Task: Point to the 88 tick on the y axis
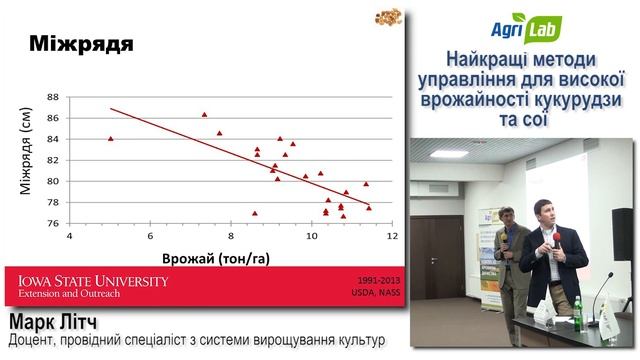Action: (54, 97)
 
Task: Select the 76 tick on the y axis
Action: (54, 223)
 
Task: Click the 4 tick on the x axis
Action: (69, 236)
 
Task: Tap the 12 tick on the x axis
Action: (392, 236)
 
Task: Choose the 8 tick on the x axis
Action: (231, 236)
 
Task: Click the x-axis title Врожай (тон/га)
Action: (221, 256)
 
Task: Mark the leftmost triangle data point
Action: (110, 138)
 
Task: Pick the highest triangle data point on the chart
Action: (204, 115)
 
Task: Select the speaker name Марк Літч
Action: (70, 323)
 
